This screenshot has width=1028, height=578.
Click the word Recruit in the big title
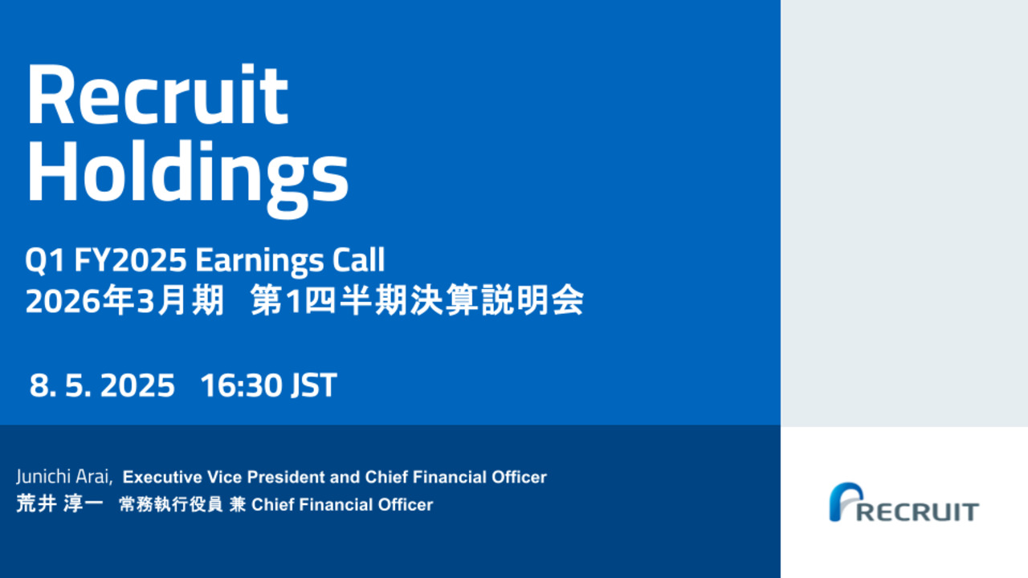158,94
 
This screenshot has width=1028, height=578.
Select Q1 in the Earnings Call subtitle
44,260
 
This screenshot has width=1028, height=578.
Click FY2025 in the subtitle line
130,259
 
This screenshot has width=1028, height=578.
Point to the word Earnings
259,262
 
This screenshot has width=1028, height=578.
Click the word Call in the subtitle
358,259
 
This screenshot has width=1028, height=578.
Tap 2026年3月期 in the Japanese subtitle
124,300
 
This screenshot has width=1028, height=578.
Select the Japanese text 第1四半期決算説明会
417,300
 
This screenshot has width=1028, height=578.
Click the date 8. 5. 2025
102,385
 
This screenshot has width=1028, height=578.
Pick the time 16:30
241,385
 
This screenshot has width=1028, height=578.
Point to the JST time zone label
314,385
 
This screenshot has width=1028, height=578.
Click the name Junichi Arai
63,477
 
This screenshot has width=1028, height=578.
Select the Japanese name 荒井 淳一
59,503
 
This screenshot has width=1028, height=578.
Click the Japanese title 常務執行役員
171,505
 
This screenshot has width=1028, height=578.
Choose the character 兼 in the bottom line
237,505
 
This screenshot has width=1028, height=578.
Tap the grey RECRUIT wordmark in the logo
918,512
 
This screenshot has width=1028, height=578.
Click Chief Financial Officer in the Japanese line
342,505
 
